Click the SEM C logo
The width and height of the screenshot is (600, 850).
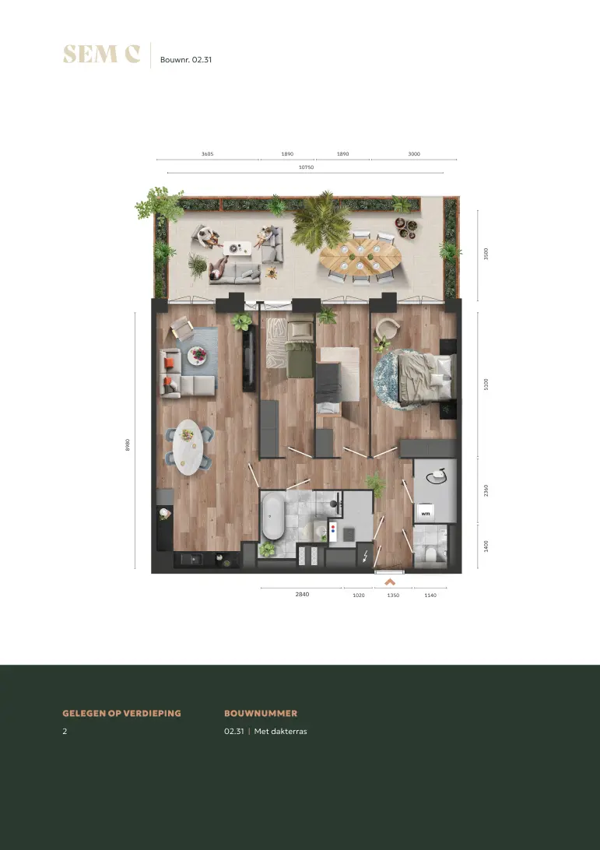click(101, 54)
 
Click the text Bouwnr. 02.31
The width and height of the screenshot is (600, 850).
click(186, 60)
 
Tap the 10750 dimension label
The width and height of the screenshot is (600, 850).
click(307, 167)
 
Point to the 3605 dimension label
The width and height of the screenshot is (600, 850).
click(208, 154)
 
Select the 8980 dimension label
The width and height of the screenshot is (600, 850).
click(128, 444)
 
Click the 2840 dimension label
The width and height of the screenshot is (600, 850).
click(302, 594)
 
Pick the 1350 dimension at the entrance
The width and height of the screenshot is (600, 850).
click(393, 595)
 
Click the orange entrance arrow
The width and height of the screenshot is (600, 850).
click(390, 582)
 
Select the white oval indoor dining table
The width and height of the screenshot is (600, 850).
click(188, 448)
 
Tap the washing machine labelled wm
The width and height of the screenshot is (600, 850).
click(426, 512)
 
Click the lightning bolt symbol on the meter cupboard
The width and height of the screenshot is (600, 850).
click(365, 556)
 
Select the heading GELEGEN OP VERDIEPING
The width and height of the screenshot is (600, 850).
click(122, 713)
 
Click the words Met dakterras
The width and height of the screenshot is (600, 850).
click(280, 731)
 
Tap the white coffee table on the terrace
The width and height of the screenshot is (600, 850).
click(237, 248)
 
